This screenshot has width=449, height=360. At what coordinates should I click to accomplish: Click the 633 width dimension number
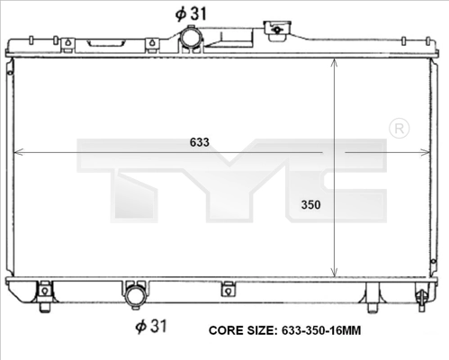(200, 142)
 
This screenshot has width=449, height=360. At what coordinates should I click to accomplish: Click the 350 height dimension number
(311, 205)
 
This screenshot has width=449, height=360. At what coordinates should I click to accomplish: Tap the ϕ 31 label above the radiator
(191, 13)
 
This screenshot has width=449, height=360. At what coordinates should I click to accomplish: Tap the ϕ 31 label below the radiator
(151, 326)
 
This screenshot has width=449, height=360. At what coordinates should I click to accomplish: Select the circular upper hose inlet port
(192, 38)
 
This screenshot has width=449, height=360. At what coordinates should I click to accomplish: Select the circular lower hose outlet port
(136, 296)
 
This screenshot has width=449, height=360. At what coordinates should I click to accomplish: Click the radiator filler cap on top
(277, 31)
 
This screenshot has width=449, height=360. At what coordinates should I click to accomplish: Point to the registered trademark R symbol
(399, 129)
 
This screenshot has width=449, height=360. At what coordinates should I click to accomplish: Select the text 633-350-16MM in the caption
(321, 330)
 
